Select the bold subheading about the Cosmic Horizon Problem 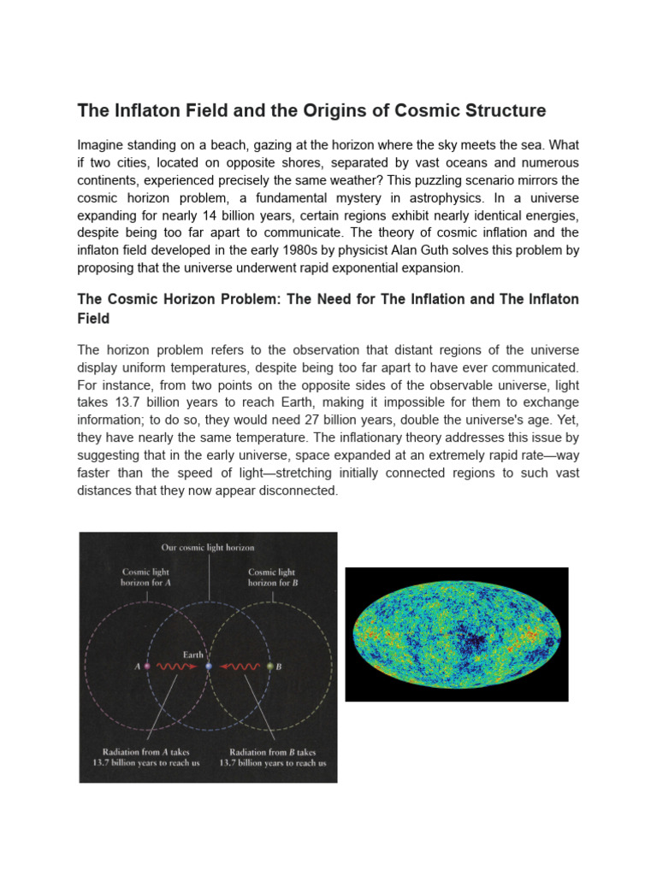(x=328, y=308)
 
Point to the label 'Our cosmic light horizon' (x=208, y=547)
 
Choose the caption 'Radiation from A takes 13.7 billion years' (x=145, y=757)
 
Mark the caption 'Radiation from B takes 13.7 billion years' (x=272, y=757)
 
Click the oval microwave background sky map (x=457, y=634)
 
